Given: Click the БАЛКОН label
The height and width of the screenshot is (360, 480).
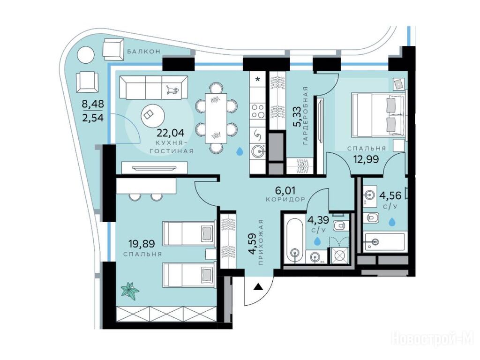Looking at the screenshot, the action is coord(143,52).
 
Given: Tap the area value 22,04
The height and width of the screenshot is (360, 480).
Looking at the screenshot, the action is coord(171,133).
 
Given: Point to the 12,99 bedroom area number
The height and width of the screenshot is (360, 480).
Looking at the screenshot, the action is coord(366,159).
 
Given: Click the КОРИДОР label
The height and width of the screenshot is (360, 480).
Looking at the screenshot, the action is coord(285,199).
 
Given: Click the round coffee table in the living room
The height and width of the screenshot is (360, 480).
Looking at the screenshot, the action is coord(153,116).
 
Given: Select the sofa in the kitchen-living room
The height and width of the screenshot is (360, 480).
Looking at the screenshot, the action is coord(154,88).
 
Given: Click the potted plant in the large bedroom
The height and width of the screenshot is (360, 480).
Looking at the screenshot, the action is coord(130,290).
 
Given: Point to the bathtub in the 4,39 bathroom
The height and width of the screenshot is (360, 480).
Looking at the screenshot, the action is coord(295,239).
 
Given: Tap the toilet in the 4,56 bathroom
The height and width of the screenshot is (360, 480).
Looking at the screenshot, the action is coord(371,218).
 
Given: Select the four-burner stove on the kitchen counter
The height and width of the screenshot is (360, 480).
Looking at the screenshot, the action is coord(258,111).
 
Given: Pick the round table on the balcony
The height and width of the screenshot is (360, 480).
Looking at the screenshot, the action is coord(86,55).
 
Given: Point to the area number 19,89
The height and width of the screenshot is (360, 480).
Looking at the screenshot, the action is coord(142,244).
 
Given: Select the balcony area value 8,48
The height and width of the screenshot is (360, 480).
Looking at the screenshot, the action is coord(93,104).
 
